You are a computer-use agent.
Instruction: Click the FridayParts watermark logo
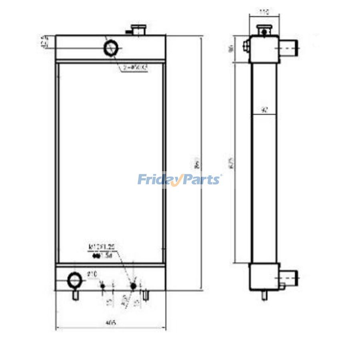coord(179,179)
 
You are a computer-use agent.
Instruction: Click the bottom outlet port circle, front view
coord(75,280)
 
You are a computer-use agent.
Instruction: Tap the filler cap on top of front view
coord(137,30)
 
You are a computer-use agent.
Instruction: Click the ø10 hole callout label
coord(92,274)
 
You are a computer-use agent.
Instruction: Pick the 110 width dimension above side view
coord(263,12)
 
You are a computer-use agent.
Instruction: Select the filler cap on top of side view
coord(263,30)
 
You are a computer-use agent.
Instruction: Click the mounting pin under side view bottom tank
coord(264,295)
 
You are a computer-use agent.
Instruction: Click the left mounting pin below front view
coord(75,295)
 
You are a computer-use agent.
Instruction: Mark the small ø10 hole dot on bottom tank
coord(103,286)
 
